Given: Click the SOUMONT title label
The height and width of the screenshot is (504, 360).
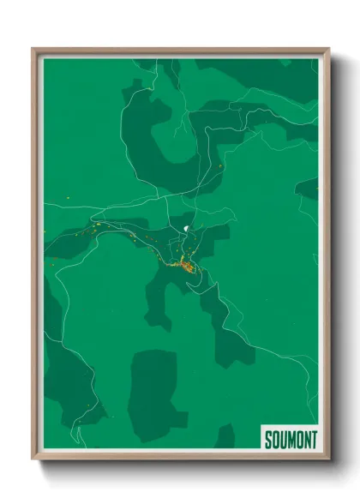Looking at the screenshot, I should click(289, 439).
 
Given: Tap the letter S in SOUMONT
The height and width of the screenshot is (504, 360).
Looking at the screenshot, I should click(267, 439).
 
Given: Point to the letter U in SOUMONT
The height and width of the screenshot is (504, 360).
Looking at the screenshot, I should click(282, 439).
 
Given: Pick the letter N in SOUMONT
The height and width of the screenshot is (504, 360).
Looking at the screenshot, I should click(305, 439).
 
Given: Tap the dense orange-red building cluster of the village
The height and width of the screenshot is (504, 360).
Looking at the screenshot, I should click(187, 267).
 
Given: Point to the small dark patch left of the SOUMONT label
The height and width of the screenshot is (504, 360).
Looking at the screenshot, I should click(225, 436).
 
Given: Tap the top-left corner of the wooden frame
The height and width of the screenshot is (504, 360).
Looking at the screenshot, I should click(33, 49).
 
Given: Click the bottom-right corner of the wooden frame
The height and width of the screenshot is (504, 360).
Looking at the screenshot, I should click(328, 459).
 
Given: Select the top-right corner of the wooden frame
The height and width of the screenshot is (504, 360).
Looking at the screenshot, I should click(328, 49).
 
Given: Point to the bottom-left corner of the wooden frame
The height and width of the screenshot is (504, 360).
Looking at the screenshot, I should click(33, 459).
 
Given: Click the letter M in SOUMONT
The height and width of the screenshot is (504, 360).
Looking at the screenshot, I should click(290, 439).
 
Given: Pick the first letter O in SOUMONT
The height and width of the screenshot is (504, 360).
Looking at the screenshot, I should click(274, 439).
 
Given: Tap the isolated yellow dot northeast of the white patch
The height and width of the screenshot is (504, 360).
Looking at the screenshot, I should click(222, 165).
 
